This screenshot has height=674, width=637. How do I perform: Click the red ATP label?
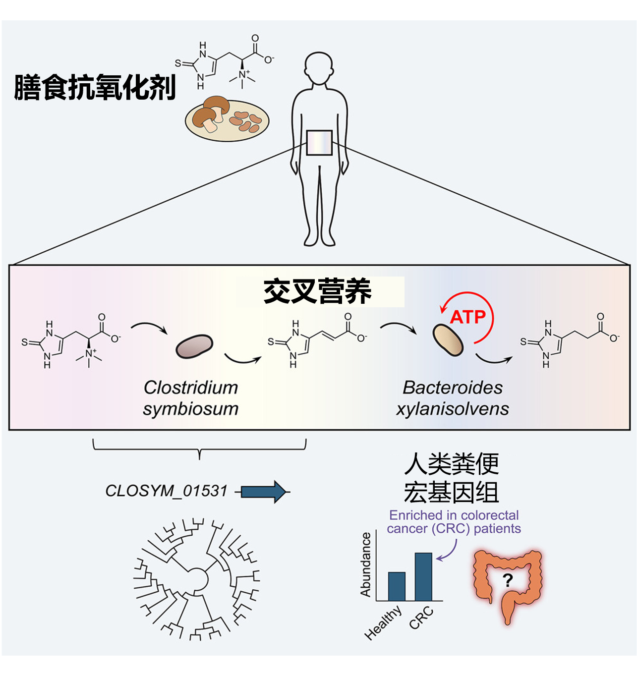coord(468,317)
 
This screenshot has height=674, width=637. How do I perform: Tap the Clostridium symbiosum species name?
coord(191,398)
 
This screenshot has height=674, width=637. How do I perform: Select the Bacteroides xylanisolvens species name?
coord(452,398)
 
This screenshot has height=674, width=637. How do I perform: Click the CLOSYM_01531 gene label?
coord(166,491)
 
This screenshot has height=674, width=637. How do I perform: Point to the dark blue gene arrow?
coord(263,492)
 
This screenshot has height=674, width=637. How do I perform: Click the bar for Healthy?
coord(397,586)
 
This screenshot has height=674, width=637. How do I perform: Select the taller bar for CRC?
coord(423,576)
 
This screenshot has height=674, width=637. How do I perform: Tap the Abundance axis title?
coord(366,564)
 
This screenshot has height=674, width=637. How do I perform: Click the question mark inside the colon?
coord(508,580)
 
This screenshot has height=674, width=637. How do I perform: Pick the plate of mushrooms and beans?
coord(227,119)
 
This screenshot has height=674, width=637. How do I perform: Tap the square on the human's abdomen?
coord(319,143)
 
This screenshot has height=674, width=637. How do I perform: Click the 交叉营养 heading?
coord(318,291)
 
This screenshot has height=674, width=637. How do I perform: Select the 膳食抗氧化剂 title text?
coord(95,88)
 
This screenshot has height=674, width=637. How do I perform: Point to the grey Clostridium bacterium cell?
coord(194,346)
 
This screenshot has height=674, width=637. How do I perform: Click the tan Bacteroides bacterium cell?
coord(448,339)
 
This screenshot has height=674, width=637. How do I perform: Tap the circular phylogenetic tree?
coord(196,579)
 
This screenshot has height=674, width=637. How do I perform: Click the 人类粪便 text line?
coord(451,464)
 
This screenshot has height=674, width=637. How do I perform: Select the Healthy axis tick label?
coord(383,623)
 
